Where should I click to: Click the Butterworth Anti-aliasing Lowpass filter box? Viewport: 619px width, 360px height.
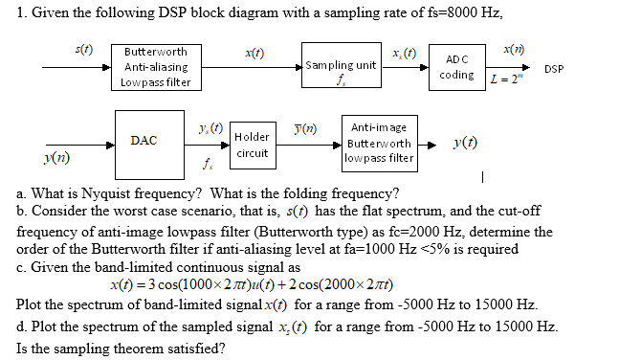coord(157,66)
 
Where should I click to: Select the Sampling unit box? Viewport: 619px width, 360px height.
coord(340,66)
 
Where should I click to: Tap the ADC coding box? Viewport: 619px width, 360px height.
coord(457,66)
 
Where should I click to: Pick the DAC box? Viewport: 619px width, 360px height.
coord(144,140)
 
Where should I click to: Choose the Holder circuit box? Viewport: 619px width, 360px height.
coord(252,144)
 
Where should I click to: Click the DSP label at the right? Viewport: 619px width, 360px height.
coord(553,69)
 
